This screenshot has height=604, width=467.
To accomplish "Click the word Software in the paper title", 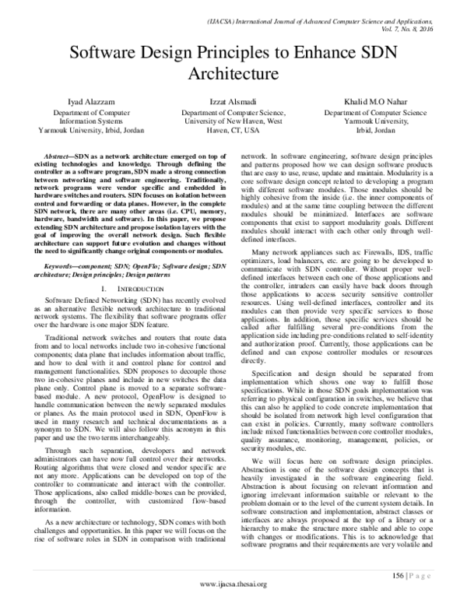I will (107, 56).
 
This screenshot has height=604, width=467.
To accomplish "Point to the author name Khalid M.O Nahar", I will (382, 102).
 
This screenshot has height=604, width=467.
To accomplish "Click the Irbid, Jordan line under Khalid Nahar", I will (382, 131).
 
